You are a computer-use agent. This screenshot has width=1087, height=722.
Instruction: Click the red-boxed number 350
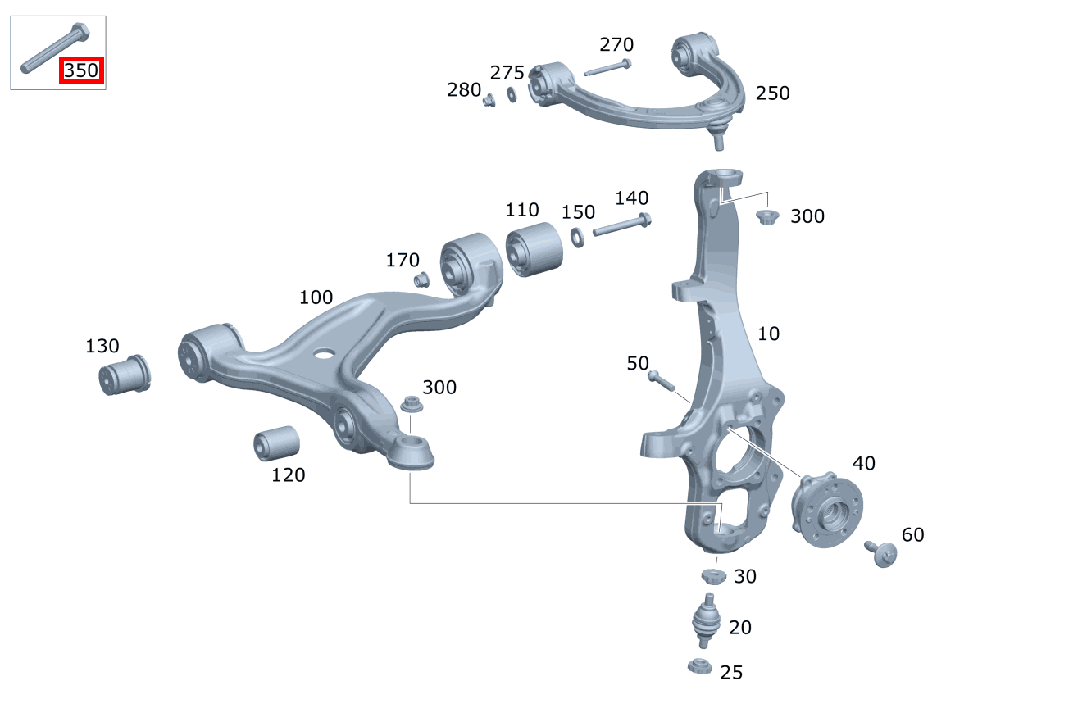click(x=81, y=70)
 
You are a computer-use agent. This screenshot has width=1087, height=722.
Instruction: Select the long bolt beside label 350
click(x=55, y=48)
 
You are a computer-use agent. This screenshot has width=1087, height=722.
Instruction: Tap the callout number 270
click(x=616, y=44)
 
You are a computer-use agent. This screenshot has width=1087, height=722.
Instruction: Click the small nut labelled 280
click(x=489, y=101)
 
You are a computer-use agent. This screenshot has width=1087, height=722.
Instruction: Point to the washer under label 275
click(x=512, y=94)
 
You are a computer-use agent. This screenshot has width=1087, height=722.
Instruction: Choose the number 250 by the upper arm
click(x=772, y=93)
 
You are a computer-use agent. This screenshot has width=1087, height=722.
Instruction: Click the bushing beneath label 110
click(x=534, y=249)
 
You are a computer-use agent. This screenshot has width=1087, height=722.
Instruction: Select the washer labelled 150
click(x=577, y=238)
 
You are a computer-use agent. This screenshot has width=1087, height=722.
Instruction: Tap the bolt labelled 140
click(x=622, y=225)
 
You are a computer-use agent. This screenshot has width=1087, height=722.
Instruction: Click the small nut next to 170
click(x=421, y=279)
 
